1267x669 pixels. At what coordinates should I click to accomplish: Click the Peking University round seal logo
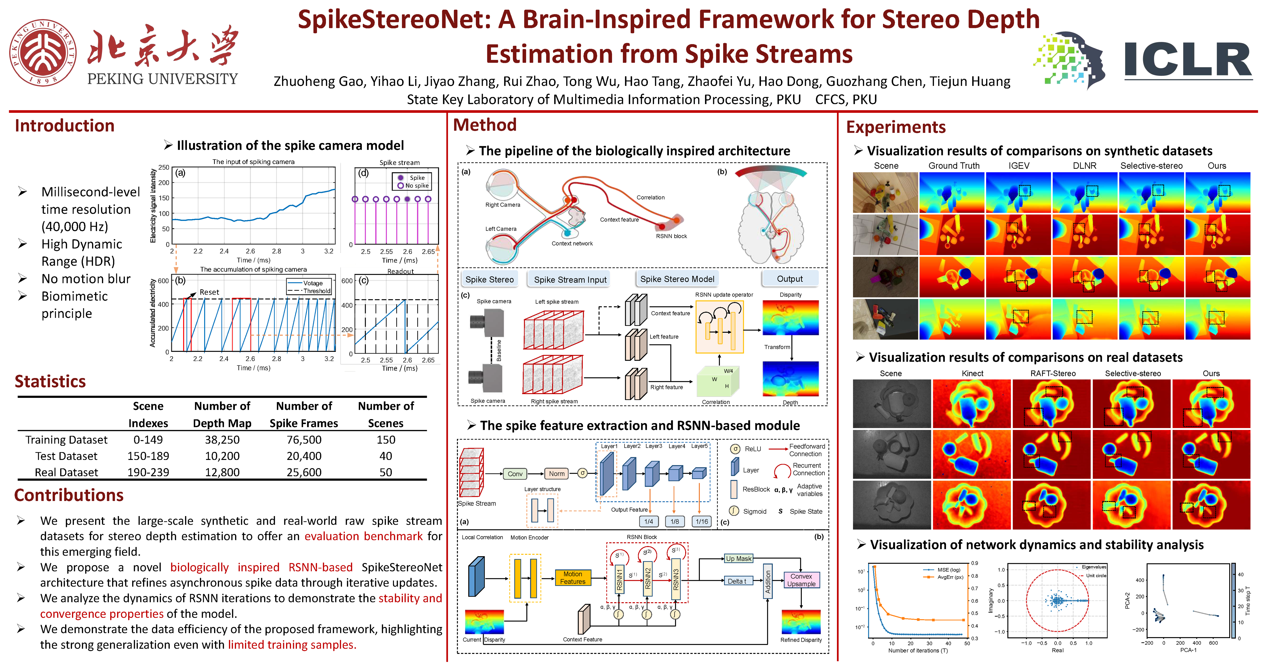43,53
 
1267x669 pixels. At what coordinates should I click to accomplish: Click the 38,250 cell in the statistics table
222,440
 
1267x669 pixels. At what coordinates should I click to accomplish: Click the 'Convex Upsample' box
801,580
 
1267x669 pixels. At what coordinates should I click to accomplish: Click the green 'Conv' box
515,474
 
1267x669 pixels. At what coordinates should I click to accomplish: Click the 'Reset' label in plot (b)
209,292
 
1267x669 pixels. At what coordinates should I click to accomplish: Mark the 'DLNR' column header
1085,166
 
